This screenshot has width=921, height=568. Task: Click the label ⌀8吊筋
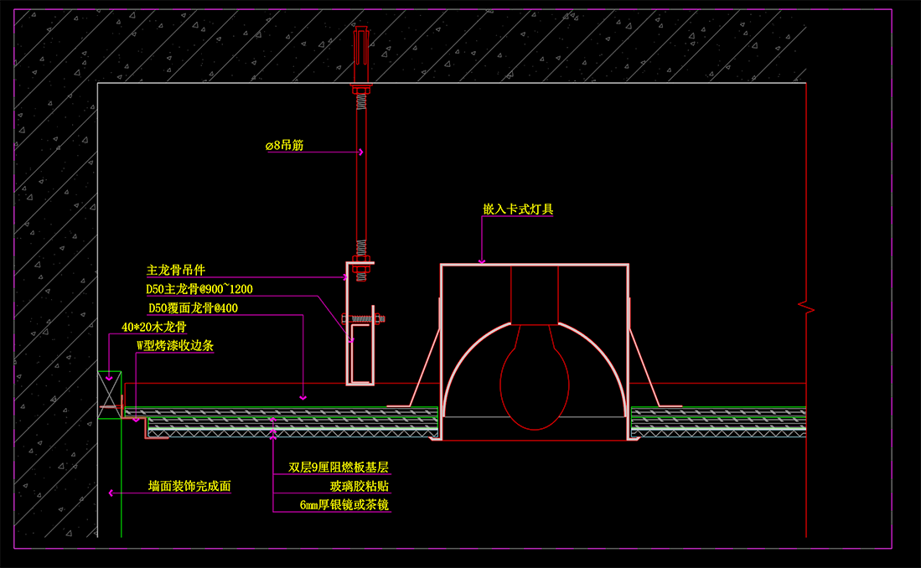[x=284, y=146]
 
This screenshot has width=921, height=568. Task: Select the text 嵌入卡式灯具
[x=518, y=209]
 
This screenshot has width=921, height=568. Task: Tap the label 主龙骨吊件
[x=176, y=270]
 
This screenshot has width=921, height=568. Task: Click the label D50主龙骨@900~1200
[x=199, y=289]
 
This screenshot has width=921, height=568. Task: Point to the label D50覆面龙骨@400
[x=194, y=307]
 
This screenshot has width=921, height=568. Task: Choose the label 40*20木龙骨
[x=153, y=328]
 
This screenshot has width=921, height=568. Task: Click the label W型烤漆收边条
[x=175, y=345]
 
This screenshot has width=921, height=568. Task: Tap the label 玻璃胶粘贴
[x=359, y=486]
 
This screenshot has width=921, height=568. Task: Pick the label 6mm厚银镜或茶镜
[x=344, y=504]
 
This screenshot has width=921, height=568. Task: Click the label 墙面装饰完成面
[x=189, y=486]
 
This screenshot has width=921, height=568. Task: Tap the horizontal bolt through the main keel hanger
[x=365, y=318]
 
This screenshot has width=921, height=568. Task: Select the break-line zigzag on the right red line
[x=806, y=307]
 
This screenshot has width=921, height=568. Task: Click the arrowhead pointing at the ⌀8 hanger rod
[x=360, y=152]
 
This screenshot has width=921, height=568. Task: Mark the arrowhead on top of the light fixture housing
[x=482, y=261]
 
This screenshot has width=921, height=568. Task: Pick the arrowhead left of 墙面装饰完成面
[x=111, y=493]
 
